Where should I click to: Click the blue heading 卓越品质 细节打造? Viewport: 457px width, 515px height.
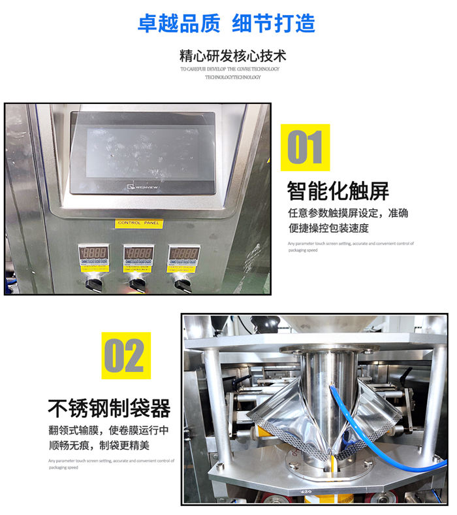[226, 24]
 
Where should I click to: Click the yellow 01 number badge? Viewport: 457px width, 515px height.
[306, 148]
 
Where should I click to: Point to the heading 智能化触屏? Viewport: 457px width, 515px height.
[338, 191]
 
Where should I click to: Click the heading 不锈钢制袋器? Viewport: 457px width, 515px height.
[109, 408]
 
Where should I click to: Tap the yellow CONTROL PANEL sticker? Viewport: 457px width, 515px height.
[138, 224]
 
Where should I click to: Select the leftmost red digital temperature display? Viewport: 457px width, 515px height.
[93, 253]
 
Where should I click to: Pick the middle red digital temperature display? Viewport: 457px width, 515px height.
[138, 253]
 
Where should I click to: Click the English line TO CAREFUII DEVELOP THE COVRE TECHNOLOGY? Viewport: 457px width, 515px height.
[230, 69]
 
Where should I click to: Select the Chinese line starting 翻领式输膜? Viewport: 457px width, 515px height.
[108, 431]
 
